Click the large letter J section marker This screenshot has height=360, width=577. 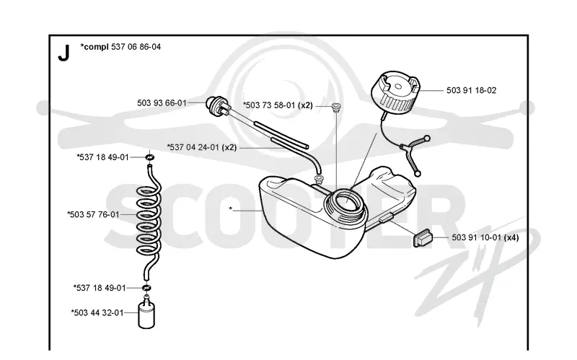coord(63,53)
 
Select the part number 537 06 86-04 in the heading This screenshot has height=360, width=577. coord(136,47)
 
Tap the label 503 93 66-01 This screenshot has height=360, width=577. coord(162,103)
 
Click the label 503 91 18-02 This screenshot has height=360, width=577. coord(472,90)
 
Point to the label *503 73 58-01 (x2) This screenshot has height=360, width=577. coord(278,105)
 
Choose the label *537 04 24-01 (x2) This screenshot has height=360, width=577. coord(202,147)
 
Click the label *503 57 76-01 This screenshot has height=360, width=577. coord(93,214)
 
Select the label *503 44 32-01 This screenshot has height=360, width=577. coord(97,312)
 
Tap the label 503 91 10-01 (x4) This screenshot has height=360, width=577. coord(485,237)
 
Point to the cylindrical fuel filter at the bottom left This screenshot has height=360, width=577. coord(146,314)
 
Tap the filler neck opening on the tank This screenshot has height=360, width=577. coord(346,203)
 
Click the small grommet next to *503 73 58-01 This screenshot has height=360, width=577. coord(335,107)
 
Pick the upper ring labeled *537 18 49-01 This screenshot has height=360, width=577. coord(149,157)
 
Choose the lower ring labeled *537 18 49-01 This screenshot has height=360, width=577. coord(146,287)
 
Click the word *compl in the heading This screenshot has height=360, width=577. coord(94,47)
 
